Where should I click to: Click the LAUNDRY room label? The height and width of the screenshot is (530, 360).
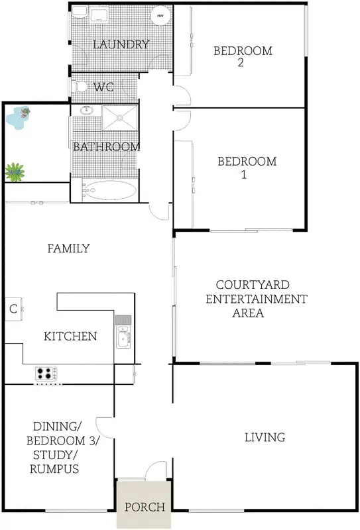coord(121,44)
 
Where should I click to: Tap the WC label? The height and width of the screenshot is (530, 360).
coord(104,87)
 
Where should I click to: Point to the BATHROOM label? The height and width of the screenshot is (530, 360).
coord(106,146)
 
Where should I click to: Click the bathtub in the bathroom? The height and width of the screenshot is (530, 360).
coord(111,191)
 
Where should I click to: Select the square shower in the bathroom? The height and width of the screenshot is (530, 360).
coord(120,117)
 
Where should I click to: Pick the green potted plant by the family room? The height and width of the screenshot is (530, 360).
coord(14,172)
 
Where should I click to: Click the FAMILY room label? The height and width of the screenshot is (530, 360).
coord(68,248)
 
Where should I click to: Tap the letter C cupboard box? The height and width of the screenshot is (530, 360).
coord(13,309)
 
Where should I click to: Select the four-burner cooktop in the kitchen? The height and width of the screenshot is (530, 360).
coord(46,374)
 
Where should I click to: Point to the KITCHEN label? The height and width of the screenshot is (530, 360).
coord(70,337)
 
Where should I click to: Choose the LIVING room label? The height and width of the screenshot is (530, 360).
coord(265,437)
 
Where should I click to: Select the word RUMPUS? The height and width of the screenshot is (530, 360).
coord(54,470)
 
